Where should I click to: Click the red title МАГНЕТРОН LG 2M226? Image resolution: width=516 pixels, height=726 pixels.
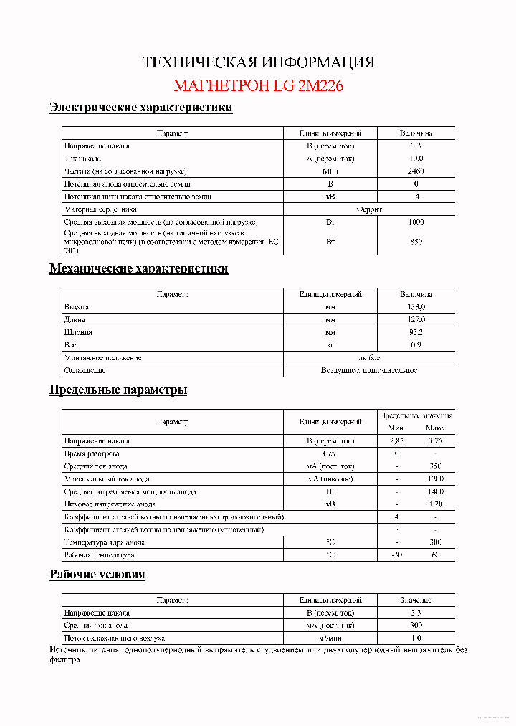(x=258, y=86)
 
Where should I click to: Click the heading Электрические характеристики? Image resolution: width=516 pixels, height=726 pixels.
(x=140, y=108)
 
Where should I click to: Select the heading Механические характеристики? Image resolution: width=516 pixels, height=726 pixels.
(x=138, y=269)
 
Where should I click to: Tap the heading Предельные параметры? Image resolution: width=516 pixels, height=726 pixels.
(x=118, y=390)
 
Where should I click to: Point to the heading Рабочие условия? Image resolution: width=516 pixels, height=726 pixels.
(x=97, y=575)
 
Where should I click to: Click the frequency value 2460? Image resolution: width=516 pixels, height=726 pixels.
(x=416, y=171)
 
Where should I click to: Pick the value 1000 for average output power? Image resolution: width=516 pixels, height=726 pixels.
(x=416, y=222)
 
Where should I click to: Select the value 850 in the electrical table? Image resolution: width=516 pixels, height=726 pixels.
(x=416, y=242)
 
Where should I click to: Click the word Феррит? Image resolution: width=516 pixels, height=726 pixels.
(x=369, y=209)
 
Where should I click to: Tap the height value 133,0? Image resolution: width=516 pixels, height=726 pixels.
(x=416, y=307)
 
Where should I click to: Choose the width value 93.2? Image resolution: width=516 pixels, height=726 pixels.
(x=416, y=333)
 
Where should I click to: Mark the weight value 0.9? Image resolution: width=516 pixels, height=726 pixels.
(x=416, y=345)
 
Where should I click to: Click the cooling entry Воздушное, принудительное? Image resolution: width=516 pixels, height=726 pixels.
(x=369, y=371)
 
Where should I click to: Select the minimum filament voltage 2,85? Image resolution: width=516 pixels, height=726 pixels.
(x=396, y=441)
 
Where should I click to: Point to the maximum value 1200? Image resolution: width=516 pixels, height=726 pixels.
(x=436, y=478)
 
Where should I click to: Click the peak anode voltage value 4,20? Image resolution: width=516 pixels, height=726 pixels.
(x=436, y=504)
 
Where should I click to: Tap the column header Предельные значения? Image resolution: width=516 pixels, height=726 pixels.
(x=416, y=416)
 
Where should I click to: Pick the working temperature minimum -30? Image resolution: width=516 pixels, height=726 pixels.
(x=396, y=555)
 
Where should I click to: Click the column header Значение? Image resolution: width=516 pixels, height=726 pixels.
(x=416, y=600)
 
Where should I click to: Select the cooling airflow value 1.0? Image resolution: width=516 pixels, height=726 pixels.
(x=416, y=638)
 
